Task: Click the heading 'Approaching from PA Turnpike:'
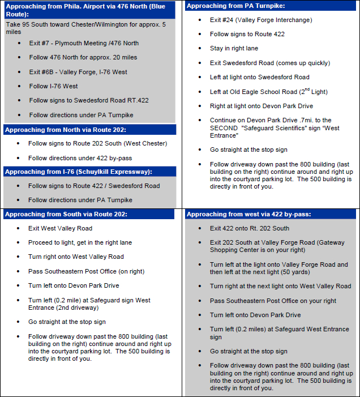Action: pyautogui.click(x=235, y=6)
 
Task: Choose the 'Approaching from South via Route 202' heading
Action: pyautogui.click(x=66, y=214)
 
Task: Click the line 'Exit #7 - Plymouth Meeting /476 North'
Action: pyautogui.click(x=84, y=43)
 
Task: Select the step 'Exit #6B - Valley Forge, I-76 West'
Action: pyautogui.click(x=78, y=72)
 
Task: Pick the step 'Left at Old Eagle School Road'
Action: pyautogui.click(x=268, y=92)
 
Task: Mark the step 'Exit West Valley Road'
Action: pyautogui.click(x=60, y=228)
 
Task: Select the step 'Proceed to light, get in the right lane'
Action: pyautogui.click(x=80, y=242)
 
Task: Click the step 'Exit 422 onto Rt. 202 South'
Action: pyautogui.click(x=249, y=228)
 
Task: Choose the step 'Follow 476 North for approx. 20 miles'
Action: pyautogui.click(x=83, y=57)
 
